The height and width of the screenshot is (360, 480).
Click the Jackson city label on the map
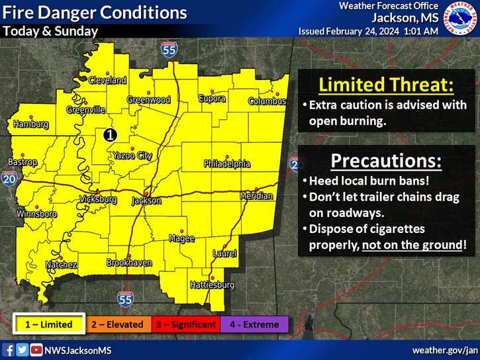tap(146, 201)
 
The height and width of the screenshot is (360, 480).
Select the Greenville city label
tap(85, 110)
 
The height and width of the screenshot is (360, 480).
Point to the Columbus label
tap(267, 101)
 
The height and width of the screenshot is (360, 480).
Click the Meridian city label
tap(256, 197)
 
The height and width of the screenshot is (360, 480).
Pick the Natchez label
tap(61, 265)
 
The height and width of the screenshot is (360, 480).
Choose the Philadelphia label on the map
tap(226, 163)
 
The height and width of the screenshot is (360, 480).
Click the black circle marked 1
tap(110, 134)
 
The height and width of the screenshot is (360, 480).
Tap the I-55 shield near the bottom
tap(125, 299)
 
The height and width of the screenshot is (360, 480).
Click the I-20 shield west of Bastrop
tap(9, 179)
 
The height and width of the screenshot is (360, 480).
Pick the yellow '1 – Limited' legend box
tap(49, 324)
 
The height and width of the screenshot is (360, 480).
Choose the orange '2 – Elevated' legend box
tap(117, 324)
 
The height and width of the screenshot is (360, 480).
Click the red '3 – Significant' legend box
tap(185, 324)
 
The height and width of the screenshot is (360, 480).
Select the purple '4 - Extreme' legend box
tap(254, 324)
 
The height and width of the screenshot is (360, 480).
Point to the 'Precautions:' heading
tap(387, 161)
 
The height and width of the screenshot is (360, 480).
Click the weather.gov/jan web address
tap(444, 349)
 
